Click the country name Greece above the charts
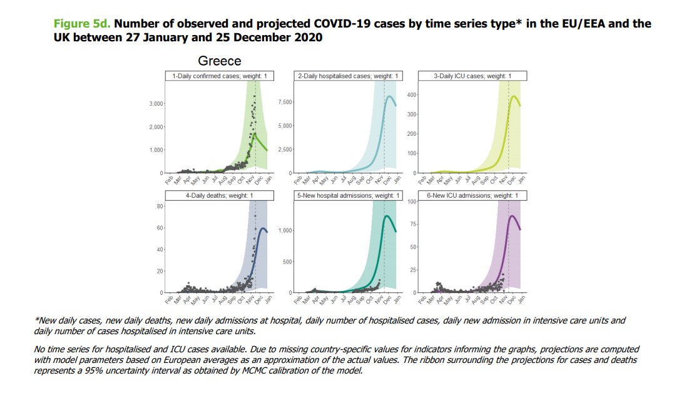[x=220, y=61]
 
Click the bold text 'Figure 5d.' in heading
[x=83, y=24]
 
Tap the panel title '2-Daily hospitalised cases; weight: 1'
[x=347, y=76]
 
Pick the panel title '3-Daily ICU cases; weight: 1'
[x=472, y=76]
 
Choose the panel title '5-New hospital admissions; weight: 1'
[x=347, y=196]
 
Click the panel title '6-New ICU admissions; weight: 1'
[x=472, y=196]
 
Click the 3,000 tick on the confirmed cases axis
[x=155, y=103]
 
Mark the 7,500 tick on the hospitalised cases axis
[x=284, y=102]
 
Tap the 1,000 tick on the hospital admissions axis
[x=285, y=231]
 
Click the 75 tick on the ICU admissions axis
[x=413, y=224]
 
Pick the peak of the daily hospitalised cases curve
[x=389, y=96]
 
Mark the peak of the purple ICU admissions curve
[x=513, y=216]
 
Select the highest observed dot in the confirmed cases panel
[x=254, y=96]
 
